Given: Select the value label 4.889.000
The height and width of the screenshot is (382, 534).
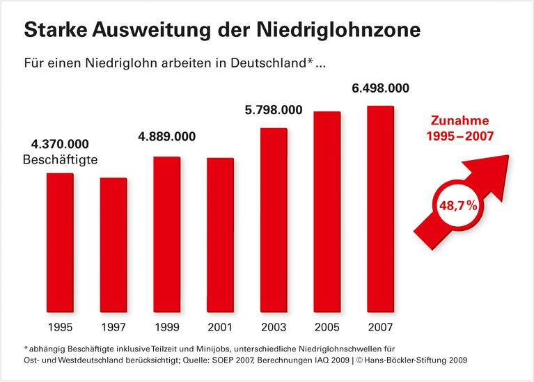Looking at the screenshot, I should (x=166, y=136).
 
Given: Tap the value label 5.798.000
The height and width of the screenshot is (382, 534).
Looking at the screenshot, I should (x=273, y=110).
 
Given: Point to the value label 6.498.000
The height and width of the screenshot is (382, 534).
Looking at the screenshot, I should (x=379, y=88).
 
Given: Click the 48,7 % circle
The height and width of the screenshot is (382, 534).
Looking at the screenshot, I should (x=455, y=207).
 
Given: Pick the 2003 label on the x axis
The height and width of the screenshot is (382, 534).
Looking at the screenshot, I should (x=274, y=326).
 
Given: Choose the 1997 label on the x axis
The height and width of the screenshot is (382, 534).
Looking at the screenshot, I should (x=113, y=326).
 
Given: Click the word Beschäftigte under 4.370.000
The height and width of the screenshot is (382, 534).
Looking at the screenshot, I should (x=60, y=161).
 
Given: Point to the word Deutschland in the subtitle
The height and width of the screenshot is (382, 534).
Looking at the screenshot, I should (x=265, y=64).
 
